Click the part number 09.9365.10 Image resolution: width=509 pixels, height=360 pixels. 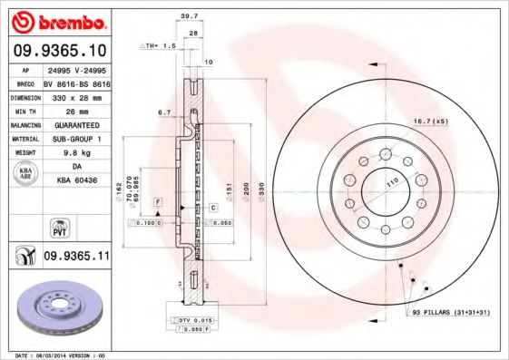click(60, 51)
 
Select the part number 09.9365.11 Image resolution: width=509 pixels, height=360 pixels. click(76, 258)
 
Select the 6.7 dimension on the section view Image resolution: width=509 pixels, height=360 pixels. click(164, 112)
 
